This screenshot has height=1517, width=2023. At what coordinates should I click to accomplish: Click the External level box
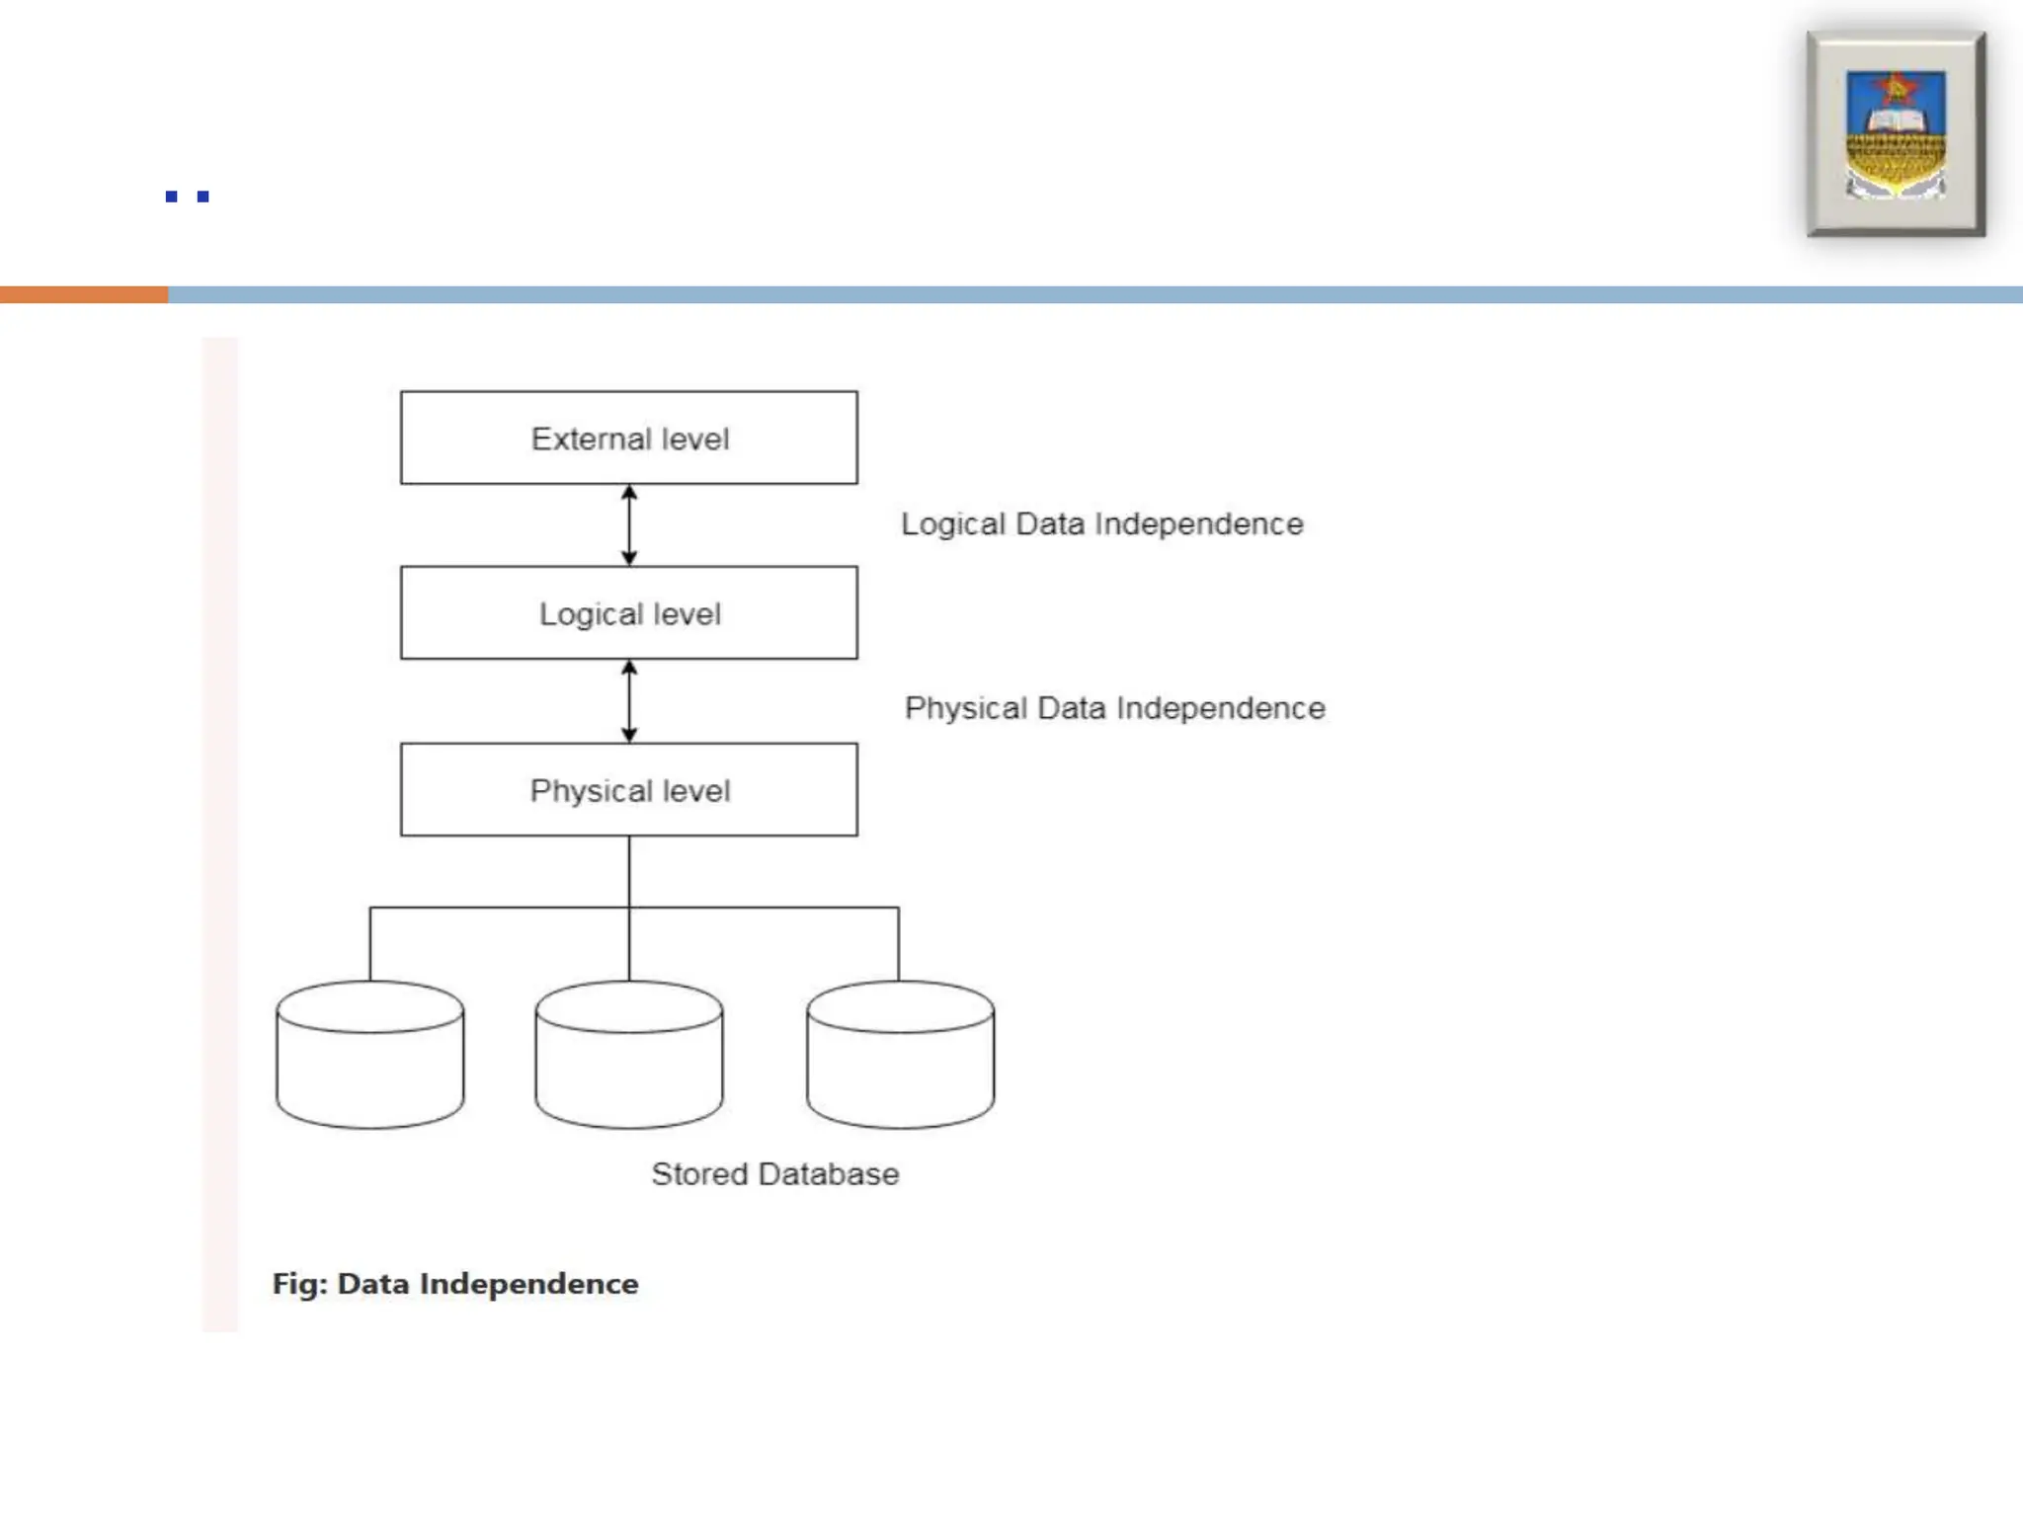[628, 438]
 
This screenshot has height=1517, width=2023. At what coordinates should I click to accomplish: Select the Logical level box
[628, 612]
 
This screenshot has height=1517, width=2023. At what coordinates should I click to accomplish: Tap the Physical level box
[628, 789]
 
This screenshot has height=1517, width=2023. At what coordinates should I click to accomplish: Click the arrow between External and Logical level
[629, 524]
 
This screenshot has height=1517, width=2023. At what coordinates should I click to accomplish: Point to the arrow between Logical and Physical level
[629, 700]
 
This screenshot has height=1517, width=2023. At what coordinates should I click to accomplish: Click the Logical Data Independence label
[1101, 523]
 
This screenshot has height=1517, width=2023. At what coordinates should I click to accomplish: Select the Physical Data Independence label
[1114, 708]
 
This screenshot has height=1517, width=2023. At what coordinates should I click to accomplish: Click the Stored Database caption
[774, 1173]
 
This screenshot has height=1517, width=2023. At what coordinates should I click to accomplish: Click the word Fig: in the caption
[299, 1283]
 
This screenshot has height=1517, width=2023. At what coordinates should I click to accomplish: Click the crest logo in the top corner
[1896, 133]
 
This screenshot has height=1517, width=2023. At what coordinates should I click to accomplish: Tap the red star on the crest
[1896, 90]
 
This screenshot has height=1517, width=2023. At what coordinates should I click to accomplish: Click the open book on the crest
[1895, 120]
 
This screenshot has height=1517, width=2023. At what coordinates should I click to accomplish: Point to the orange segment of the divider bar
[84, 294]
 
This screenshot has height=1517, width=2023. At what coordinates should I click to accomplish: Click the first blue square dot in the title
[172, 197]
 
